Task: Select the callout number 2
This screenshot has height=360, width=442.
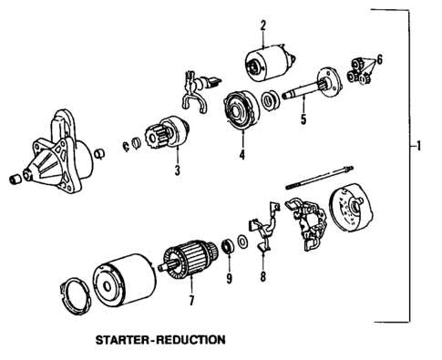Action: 262,26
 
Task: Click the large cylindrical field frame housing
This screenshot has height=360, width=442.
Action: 123,278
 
